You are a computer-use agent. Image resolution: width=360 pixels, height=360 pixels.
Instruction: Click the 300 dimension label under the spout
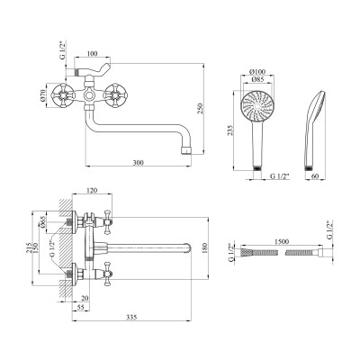click(138, 163)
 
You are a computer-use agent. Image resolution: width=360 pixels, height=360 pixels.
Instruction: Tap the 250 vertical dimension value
click(201, 108)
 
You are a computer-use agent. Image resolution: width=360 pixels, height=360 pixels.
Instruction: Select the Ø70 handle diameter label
click(42, 95)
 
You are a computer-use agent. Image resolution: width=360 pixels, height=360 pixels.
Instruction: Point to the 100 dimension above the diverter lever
click(93, 54)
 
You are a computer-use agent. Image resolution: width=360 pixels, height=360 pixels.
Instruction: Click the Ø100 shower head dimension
click(257, 72)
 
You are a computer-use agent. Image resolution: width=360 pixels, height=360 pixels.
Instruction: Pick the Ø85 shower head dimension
click(257, 79)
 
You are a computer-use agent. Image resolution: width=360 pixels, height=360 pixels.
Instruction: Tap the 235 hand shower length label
click(229, 130)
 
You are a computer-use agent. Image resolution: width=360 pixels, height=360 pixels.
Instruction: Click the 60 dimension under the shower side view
click(315, 176)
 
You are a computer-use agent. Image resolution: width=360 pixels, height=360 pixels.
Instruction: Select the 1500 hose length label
click(281, 241)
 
